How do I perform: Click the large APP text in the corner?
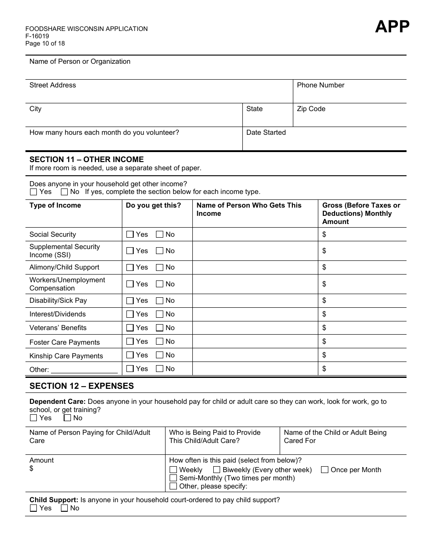click(x=392, y=27)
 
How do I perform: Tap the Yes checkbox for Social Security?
click(x=130, y=234)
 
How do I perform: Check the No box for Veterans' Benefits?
click(x=160, y=328)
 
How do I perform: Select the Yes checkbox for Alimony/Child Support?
click(x=130, y=267)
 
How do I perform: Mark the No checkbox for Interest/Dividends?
click(x=160, y=314)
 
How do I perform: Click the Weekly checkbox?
click(x=173, y=470)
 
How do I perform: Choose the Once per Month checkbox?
click(x=325, y=470)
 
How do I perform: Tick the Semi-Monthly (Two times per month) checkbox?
click(x=173, y=478)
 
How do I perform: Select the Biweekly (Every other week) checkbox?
click(x=216, y=470)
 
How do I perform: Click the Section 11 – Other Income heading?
click(x=86, y=159)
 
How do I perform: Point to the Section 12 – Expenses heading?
click(x=82, y=386)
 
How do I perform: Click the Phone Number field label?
click(x=321, y=85)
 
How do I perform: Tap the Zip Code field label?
click(x=311, y=109)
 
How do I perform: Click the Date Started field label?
click(x=266, y=132)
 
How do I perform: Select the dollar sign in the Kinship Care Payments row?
click(x=324, y=355)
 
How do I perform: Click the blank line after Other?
click(x=84, y=370)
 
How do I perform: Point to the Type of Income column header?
click(x=55, y=205)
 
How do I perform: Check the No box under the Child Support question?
click(x=65, y=508)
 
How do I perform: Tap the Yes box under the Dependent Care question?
click(x=34, y=418)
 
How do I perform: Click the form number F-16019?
click(x=37, y=36)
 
